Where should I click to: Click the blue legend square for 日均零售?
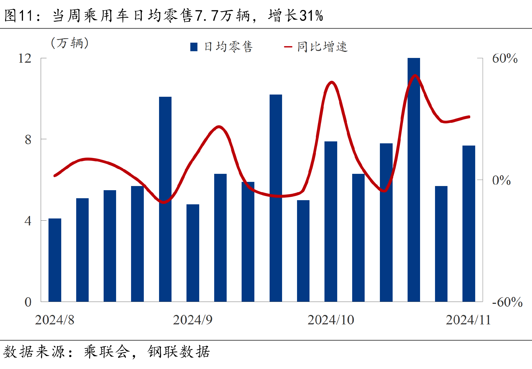194,47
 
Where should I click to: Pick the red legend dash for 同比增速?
288,47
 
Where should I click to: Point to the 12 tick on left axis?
25,58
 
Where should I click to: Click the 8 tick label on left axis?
28,139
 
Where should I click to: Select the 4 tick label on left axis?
28,221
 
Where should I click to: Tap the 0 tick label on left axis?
28,302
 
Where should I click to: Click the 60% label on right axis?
505,58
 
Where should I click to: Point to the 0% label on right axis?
501,180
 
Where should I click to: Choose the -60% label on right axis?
507,302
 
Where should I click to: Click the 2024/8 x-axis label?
55,320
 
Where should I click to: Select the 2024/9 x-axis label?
193,320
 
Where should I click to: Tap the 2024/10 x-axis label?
331,320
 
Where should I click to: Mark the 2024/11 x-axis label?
468,320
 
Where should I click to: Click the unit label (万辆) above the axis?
70,43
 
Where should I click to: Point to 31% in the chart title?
311,16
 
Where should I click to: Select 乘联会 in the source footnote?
107,352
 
